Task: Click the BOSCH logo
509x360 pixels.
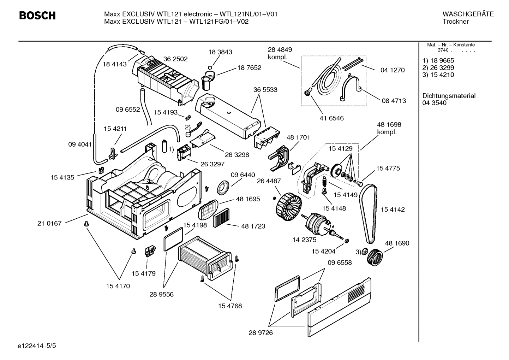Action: (37, 16)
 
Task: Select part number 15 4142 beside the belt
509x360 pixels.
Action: (393, 209)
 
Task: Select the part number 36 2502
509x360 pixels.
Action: (175, 59)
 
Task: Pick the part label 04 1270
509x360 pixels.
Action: (393, 70)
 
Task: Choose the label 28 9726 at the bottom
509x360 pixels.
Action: (261, 332)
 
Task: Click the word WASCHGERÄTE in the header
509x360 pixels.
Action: (468, 14)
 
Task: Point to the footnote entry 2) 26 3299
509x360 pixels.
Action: (438, 67)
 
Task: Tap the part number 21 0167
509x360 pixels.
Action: (49, 223)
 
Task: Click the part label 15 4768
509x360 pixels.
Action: (230, 306)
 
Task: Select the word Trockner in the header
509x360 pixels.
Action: (455, 22)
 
